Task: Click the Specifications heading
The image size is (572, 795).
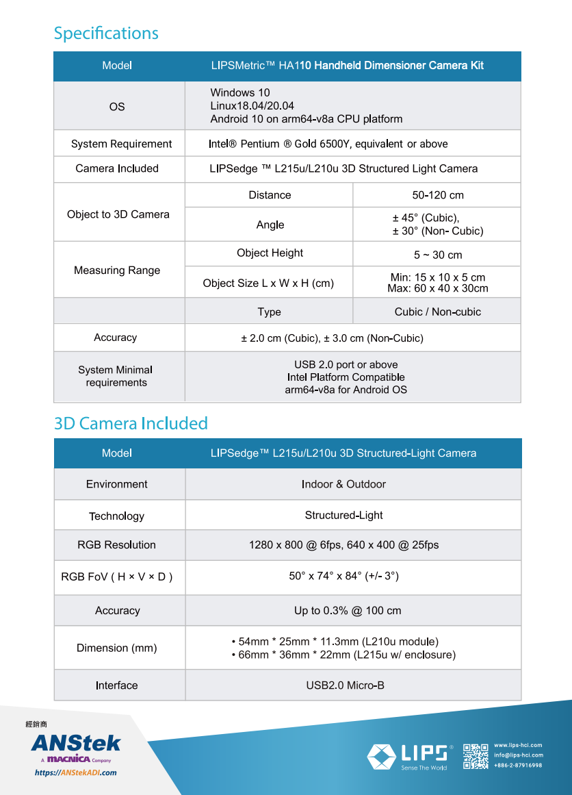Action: [106, 33]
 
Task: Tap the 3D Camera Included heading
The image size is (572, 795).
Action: [131, 423]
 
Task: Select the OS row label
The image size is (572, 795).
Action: [117, 106]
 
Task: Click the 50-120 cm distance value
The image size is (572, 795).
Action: [438, 195]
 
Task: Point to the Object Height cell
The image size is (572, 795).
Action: [270, 253]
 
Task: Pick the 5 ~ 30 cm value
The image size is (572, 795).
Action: [438, 255]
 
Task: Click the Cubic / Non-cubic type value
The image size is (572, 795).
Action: [438, 312]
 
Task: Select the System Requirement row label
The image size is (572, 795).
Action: [121, 144]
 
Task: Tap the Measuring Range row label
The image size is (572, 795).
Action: [117, 270]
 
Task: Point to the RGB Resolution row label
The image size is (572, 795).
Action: [116, 545]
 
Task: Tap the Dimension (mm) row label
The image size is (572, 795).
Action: [116, 648]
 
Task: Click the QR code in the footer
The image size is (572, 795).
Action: [476, 756]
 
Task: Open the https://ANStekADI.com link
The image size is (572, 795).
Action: [75, 772]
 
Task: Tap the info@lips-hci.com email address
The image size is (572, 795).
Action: [518, 755]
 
